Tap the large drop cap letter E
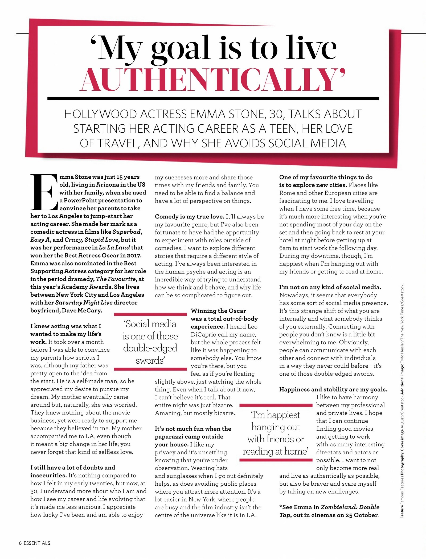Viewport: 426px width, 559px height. click(x=44, y=192)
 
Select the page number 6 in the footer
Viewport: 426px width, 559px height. click(x=20, y=543)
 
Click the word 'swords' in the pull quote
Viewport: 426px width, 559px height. click(x=150, y=360)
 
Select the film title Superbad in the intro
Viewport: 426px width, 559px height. click(x=127, y=232)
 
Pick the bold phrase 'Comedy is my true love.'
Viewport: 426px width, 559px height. click(x=190, y=216)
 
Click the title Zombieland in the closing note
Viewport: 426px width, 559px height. click(x=337, y=507)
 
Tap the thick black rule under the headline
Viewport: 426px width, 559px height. click(x=213, y=99)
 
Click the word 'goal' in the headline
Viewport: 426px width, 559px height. click(x=180, y=49)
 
